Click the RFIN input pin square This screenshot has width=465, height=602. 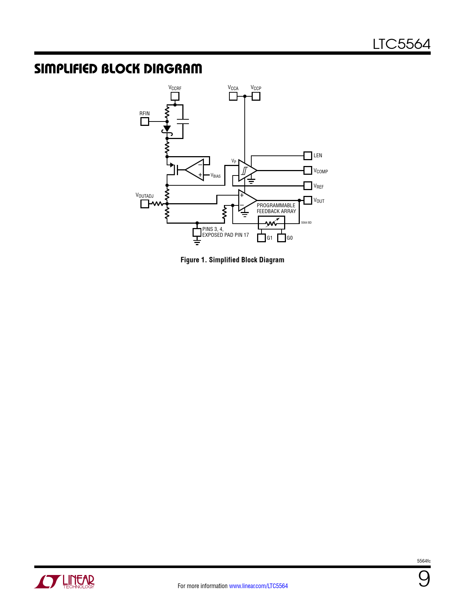[x=144, y=121]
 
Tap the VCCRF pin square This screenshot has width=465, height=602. [x=175, y=96]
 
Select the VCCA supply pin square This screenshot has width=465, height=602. [x=233, y=96]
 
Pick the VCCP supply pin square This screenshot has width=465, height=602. [x=256, y=96]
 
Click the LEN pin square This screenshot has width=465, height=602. [x=308, y=156]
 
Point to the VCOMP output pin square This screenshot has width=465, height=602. [x=308, y=170]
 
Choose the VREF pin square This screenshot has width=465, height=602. [x=308, y=186]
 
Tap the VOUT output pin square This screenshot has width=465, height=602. [x=308, y=200]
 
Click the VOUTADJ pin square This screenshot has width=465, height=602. [x=144, y=204]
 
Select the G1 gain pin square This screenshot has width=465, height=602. [x=261, y=238]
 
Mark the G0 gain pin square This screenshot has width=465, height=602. [x=282, y=238]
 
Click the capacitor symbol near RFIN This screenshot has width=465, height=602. [x=183, y=121]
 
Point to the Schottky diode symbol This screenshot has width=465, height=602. [x=167, y=131]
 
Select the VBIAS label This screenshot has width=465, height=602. [x=216, y=175]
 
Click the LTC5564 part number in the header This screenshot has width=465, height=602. [x=402, y=44]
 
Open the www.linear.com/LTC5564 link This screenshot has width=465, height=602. [x=259, y=586]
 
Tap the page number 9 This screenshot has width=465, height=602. [x=424, y=579]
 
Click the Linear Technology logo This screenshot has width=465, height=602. [x=64, y=582]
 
